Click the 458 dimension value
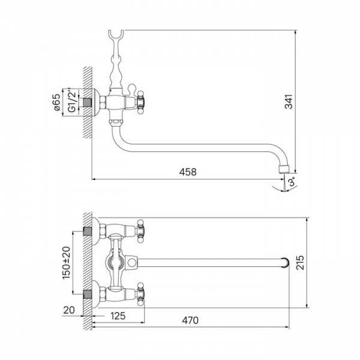coord(188,172)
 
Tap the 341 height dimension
coord(289,101)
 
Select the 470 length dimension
coord(190,320)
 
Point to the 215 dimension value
coord(300,262)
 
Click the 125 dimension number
coord(118,316)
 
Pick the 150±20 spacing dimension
coord(66,263)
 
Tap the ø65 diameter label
coord(57,102)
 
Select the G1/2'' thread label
coord(72,101)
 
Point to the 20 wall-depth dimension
coord(69,310)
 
